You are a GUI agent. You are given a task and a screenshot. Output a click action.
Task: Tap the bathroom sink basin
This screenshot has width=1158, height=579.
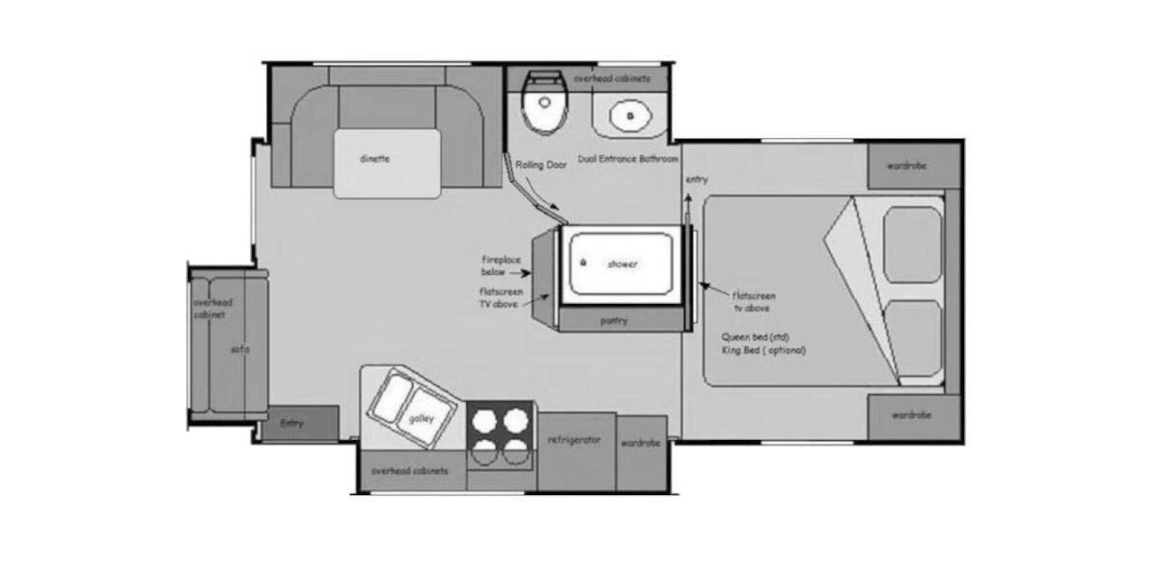point(632,116)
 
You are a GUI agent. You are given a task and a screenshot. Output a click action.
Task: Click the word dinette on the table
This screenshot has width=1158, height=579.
point(374,159)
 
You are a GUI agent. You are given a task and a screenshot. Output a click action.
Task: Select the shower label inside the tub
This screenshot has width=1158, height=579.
point(622,263)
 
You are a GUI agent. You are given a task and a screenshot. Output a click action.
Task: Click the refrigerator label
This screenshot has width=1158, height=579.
point(575,440)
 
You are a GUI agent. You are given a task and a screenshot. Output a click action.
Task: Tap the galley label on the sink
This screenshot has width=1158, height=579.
point(421,418)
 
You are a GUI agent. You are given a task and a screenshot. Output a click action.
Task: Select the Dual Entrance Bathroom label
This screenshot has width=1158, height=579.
point(628,158)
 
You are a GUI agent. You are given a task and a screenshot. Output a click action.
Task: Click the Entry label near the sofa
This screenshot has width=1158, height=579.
point(291,424)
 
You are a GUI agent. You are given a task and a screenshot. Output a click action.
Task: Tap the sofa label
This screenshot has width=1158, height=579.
point(239,349)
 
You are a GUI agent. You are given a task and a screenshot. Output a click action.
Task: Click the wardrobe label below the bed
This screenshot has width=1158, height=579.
point(911,415)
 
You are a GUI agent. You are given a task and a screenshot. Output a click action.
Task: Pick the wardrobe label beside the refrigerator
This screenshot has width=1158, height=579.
point(641,444)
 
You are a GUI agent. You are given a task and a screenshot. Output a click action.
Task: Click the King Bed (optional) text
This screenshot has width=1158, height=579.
point(762,350)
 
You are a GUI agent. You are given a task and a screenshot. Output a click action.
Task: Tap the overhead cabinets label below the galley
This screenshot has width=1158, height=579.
point(409,471)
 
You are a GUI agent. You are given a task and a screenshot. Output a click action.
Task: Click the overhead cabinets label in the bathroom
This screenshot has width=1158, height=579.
point(611,77)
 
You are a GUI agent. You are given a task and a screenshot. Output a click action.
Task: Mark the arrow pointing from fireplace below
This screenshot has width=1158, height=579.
point(528,273)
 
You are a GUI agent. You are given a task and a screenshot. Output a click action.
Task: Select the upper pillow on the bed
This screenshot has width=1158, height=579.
point(912,243)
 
